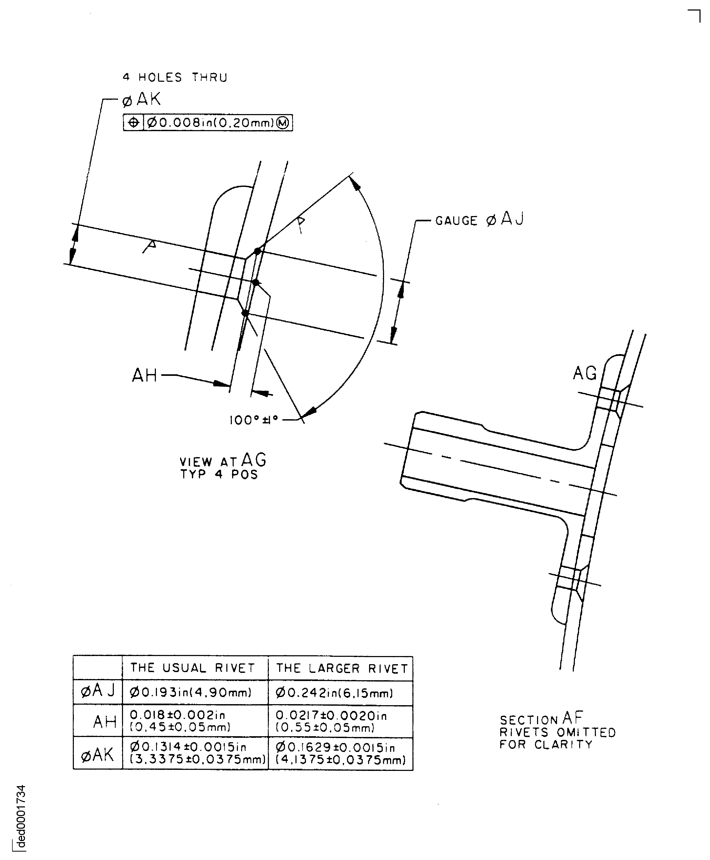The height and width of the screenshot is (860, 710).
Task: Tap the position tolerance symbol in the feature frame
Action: (133, 123)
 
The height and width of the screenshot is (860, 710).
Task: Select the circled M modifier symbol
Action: (283, 123)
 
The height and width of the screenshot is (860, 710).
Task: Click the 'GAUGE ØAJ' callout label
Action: (479, 220)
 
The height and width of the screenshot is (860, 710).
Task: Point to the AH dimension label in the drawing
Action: (145, 375)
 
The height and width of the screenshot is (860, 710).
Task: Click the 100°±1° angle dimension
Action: (254, 420)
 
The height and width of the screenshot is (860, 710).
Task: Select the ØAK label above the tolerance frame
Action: (141, 99)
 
